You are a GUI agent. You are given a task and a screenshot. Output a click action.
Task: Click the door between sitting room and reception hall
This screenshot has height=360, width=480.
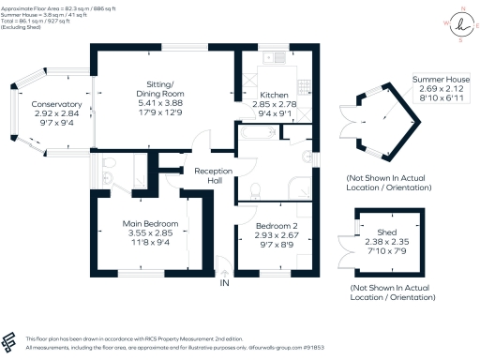coord(198,148)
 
